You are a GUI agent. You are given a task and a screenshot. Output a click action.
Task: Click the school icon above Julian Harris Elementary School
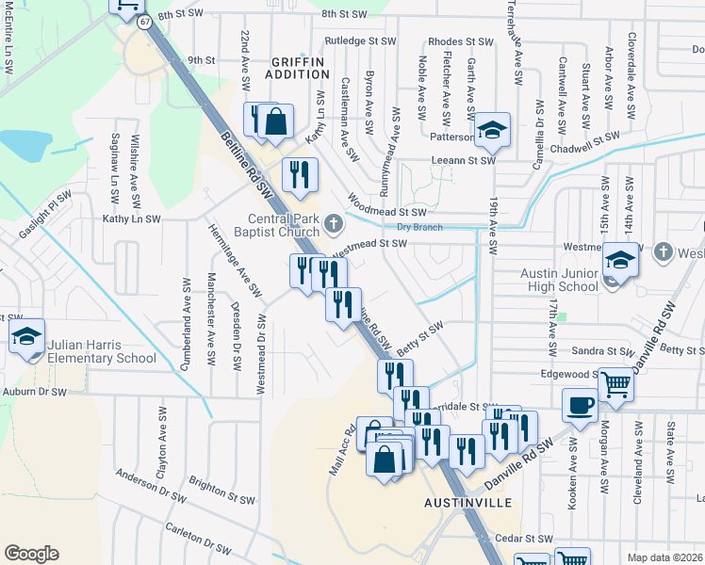click(27, 336)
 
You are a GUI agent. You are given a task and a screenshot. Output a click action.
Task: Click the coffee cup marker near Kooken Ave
click(580, 404)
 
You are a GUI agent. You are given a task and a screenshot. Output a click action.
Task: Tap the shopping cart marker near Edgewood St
click(615, 383)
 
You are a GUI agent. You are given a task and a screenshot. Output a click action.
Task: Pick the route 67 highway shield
click(142, 21)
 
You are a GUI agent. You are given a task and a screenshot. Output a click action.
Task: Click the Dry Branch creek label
click(419, 227)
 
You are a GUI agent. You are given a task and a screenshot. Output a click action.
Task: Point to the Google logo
click(31, 553)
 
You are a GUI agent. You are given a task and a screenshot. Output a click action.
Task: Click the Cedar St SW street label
click(523, 539)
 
